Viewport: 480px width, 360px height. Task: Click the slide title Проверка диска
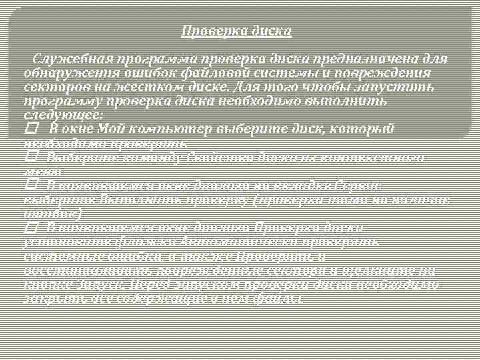click(x=237, y=31)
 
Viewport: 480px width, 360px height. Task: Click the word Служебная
click(x=73, y=59)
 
